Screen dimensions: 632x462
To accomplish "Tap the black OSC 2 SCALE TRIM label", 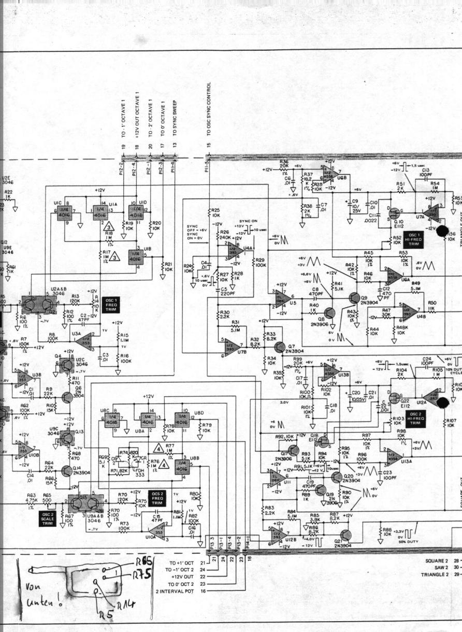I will (x=47, y=519).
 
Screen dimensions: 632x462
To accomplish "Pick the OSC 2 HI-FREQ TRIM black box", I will (x=415, y=420).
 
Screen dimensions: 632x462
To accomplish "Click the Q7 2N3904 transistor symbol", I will (x=280, y=347).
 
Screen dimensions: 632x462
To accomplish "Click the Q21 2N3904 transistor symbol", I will (x=345, y=534).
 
